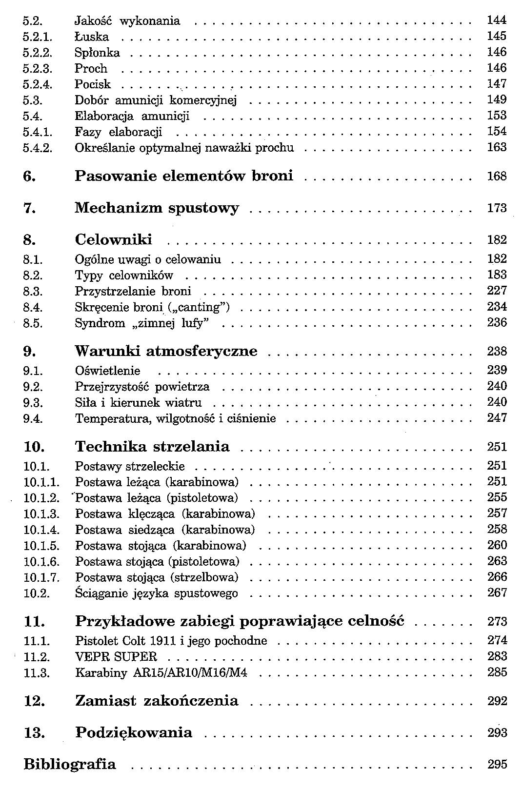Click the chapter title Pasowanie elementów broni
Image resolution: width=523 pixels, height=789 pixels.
coord(184,176)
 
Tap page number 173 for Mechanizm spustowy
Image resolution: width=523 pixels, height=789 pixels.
coord(497,208)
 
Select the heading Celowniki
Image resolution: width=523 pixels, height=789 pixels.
coord(113,240)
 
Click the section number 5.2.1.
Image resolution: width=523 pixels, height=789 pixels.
coord(38,37)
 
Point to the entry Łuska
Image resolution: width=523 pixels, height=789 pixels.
coord(92,37)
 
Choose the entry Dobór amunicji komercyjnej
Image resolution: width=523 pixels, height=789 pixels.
coord(155,100)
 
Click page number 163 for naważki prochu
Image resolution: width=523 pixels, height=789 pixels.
coord(497,147)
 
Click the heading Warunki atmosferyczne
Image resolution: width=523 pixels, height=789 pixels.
coord(166,352)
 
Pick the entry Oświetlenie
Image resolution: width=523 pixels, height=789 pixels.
coord(107,371)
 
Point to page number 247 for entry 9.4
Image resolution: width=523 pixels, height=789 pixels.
coord(497,418)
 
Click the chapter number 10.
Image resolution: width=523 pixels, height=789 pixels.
coord(34,447)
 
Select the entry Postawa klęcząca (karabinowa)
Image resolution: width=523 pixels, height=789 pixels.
coord(165,514)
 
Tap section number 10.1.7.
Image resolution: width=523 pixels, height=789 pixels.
coord(41,578)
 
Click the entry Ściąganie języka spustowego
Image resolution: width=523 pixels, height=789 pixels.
coord(156,593)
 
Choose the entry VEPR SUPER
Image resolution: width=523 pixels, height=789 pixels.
coord(116,657)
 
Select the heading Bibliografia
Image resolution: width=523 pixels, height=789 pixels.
coord(70,764)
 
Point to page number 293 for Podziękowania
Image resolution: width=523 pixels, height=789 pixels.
coord(497,733)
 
